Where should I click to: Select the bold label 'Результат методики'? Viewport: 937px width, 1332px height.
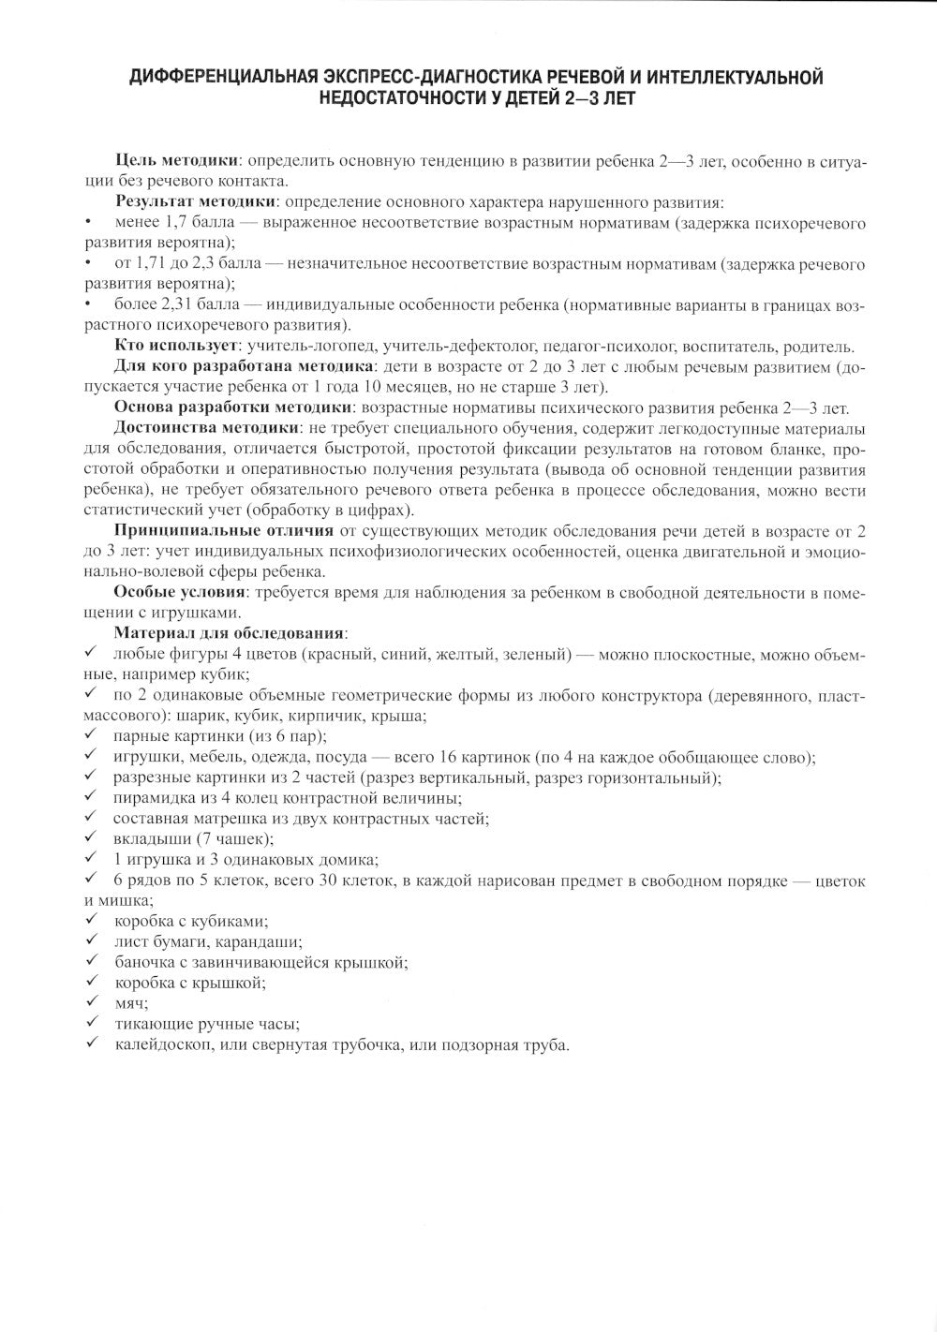pyautogui.click(x=195, y=202)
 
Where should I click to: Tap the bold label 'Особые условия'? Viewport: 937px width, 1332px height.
pyautogui.click(x=179, y=592)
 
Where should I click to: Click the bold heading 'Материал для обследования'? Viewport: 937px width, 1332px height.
pyautogui.click(x=231, y=633)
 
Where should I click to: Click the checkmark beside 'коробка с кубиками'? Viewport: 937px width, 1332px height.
pyautogui.click(x=90, y=920)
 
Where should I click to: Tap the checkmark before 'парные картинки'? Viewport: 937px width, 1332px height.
pyautogui.click(x=90, y=735)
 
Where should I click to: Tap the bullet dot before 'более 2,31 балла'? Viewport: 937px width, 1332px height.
pyautogui.click(x=87, y=305)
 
